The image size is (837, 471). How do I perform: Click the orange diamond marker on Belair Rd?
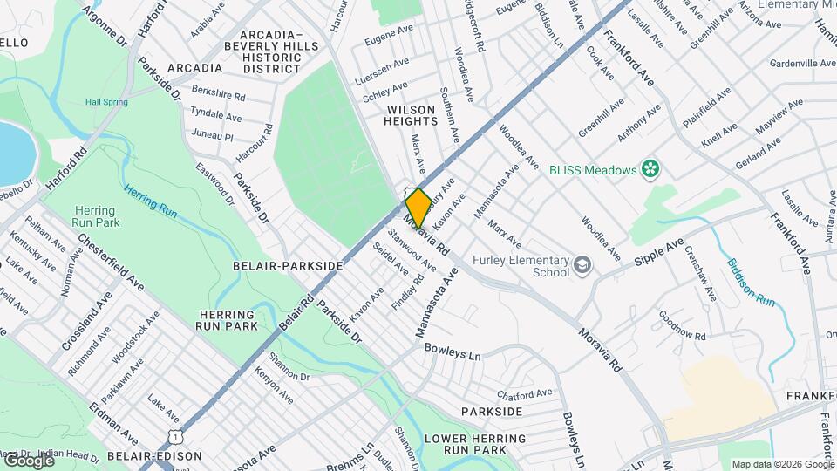tap(418, 208)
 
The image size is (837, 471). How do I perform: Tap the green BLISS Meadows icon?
tap(649, 168)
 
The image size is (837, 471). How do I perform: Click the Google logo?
tap(28, 460)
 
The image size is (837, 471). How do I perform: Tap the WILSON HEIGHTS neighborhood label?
tap(418, 115)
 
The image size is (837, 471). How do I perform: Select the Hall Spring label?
tap(106, 102)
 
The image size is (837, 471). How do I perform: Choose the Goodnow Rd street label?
tap(682, 324)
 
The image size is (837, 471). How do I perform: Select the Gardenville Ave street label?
tap(803, 64)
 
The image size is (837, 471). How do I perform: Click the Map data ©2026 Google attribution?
tap(782, 464)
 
